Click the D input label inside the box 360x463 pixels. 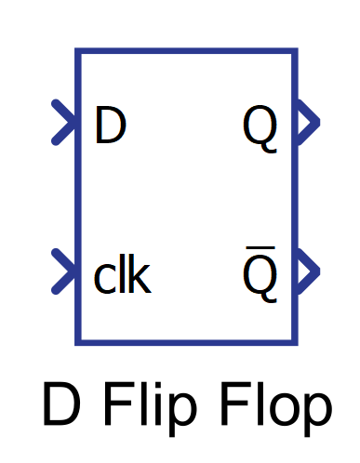109,127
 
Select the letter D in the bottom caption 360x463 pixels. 60,407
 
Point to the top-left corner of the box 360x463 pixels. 78,52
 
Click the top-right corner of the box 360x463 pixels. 296,52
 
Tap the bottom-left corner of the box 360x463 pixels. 78,342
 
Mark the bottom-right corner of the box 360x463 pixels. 296,342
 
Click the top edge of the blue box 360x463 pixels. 186,52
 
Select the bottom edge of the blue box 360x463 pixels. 186,342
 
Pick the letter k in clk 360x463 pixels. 140,276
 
